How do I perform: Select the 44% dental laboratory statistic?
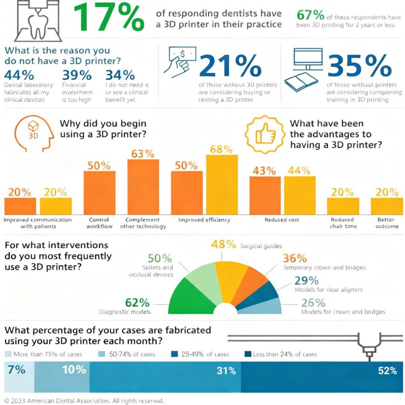pyautogui.click(x=18, y=75)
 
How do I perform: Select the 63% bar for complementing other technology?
pyautogui.click(x=143, y=187)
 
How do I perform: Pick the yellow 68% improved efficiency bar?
pyautogui.click(x=222, y=185)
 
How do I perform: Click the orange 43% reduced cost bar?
pyautogui.click(x=265, y=195)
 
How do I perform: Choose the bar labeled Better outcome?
pyautogui.click(x=387, y=206)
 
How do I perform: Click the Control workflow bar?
pyautogui.click(x=99, y=192)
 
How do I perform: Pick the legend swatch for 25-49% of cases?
pyautogui.click(x=174, y=354)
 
